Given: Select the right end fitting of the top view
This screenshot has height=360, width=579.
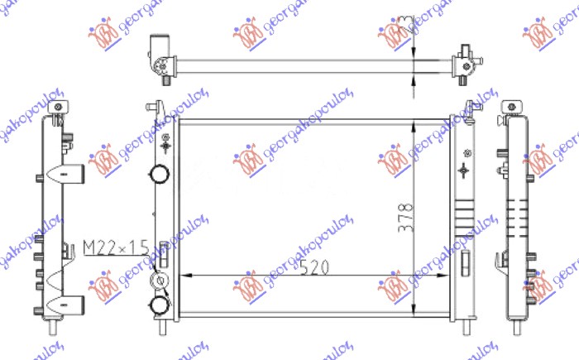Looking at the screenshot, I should point(466,60).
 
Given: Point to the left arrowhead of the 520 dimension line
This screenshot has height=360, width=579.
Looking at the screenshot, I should point(185,276).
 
